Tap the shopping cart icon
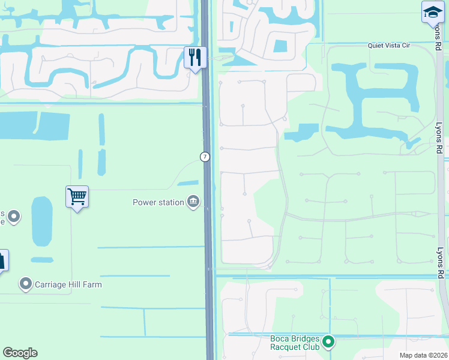pos(77,196)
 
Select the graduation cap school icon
pos(432,12)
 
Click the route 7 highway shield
pos(205,157)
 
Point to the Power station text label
pos(158,202)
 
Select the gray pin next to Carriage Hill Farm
pos(25,283)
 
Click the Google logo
pos(20,353)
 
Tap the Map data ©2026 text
pos(423,355)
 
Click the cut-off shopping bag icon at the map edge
pos(2,260)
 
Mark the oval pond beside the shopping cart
pos(41,221)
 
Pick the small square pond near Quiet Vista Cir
pos(280,46)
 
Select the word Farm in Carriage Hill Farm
pos(92,284)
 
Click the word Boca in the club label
pos(280,338)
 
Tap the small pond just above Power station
pos(188,183)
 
